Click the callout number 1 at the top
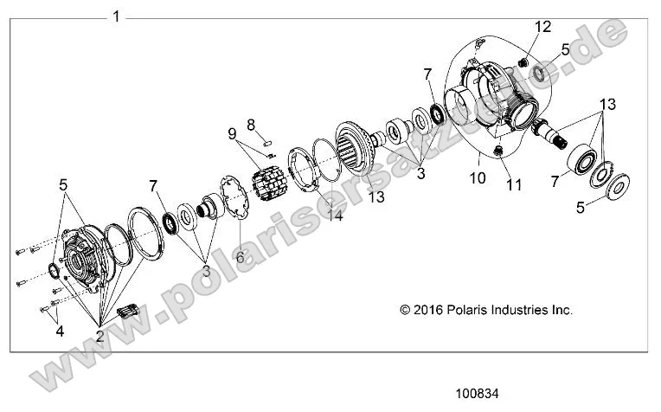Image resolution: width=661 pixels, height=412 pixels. pos(116,16)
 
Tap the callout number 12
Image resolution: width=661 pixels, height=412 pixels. pos(543,27)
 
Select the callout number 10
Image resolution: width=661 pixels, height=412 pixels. pos(478,178)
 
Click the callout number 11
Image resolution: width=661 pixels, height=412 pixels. pos(514,184)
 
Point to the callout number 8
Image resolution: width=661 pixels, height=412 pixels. pos(251,125)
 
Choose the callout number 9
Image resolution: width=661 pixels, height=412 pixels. pos(232,133)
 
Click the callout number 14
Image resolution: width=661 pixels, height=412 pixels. pos(336,216)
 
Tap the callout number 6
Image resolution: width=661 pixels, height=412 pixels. pos(241,257)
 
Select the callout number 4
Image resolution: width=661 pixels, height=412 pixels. pos(60,331)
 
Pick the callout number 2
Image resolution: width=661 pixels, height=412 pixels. pos(99,336)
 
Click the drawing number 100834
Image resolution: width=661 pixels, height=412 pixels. pos(477,394)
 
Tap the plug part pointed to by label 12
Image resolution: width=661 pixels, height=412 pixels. pos(523,63)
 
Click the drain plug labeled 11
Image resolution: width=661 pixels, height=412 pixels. pos(497,151)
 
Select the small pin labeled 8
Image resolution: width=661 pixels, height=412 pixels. pos(266,143)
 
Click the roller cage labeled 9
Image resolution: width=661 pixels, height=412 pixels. pos(269,183)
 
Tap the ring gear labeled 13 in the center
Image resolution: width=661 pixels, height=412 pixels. pos(356,147)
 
